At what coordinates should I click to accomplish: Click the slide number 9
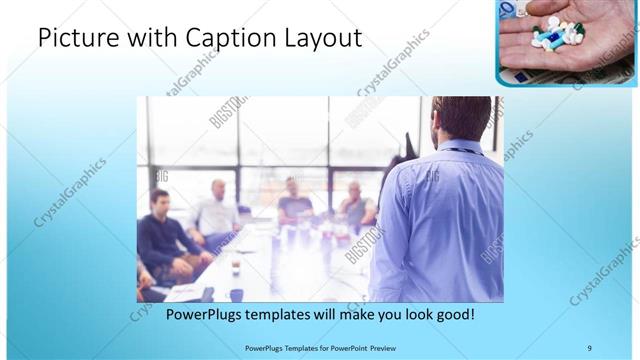point(589,347)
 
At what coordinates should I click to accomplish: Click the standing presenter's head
point(462,118)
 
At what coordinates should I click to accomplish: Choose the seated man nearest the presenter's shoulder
point(356,205)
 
